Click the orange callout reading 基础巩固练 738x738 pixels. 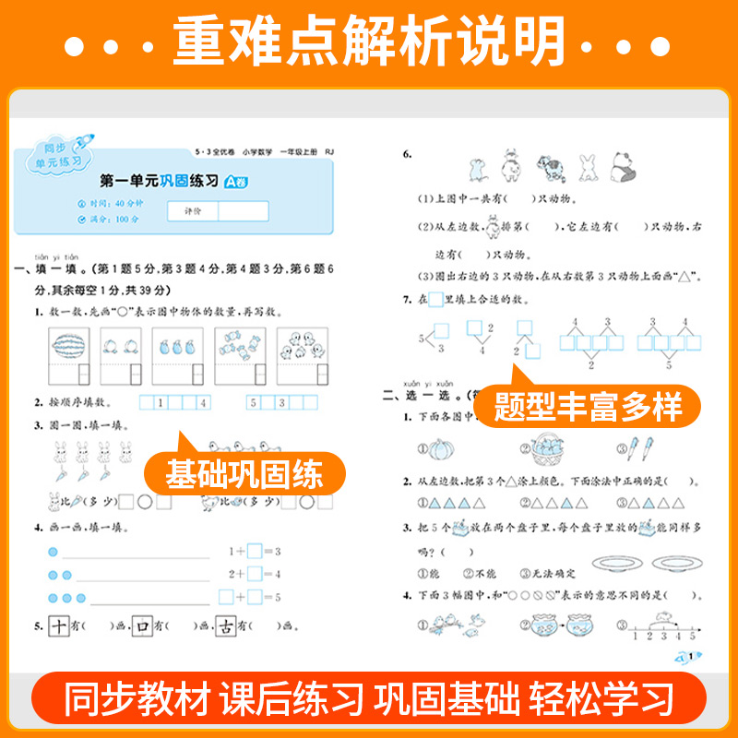[245, 475]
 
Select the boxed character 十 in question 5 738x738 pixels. [57, 627]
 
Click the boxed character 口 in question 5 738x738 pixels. [142, 627]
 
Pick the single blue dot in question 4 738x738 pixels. [53, 552]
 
